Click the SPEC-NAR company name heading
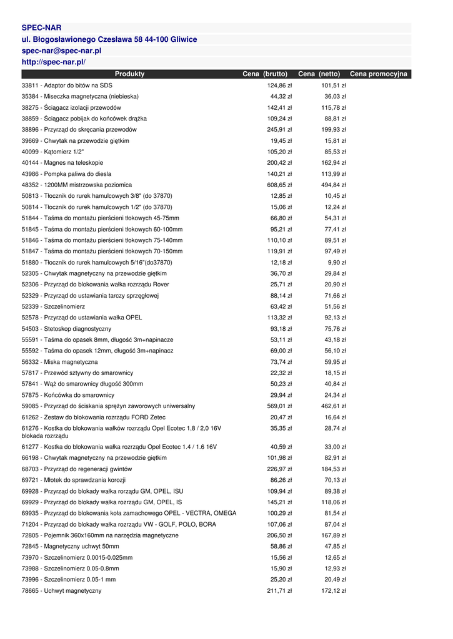(x=41, y=28)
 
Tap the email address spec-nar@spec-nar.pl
(x=61, y=51)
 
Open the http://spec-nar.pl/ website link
(x=53, y=62)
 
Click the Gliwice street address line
(x=109, y=39)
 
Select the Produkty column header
(x=129, y=74)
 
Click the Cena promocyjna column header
(x=379, y=74)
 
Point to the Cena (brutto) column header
(x=265, y=74)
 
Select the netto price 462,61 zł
(x=334, y=406)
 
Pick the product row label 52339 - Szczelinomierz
(x=53, y=307)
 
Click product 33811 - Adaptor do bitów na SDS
(x=67, y=85)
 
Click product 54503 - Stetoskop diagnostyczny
(x=66, y=329)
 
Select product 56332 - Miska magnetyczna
(x=59, y=362)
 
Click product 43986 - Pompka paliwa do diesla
(x=66, y=174)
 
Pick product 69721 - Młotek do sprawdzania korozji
(x=74, y=480)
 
